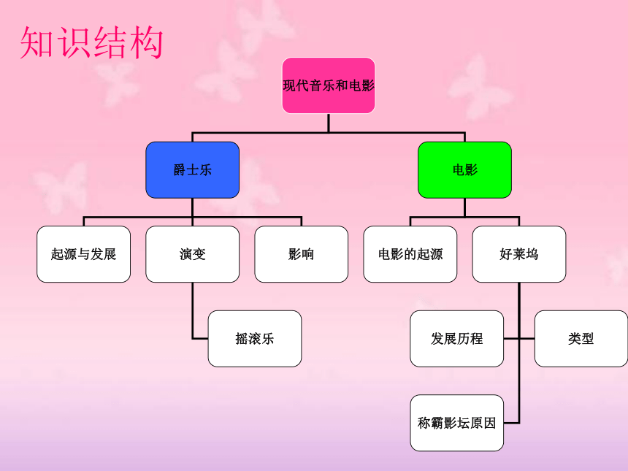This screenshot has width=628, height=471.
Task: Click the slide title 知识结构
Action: (x=91, y=42)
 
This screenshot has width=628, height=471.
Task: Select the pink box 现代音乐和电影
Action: (x=329, y=85)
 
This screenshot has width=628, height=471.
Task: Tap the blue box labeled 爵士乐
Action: (x=192, y=170)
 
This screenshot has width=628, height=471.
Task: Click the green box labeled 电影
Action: (x=464, y=170)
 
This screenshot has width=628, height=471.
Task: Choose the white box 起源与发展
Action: (x=83, y=254)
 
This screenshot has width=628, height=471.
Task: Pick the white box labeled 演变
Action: (x=192, y=254)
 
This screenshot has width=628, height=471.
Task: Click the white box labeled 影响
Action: (x=301, y=254)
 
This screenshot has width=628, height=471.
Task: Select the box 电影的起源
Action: (x=410, y=254)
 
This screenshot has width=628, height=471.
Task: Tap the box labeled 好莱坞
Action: (x=519, y=254)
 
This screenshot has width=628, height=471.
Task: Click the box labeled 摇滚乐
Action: (x=255, y=339)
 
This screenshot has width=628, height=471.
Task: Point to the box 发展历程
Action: (x=456, y=339)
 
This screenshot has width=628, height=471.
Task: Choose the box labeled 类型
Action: (x=581, y=339)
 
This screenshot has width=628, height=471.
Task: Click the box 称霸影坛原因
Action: (x=456, y=423)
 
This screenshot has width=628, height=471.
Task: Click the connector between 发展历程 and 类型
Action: (x=519, y=339)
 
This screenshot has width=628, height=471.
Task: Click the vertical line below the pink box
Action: (x=329, y=123)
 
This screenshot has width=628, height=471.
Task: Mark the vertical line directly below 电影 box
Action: (x=464, y=207)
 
